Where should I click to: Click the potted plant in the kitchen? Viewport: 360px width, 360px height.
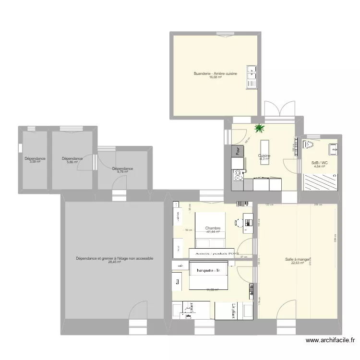click(260, 128)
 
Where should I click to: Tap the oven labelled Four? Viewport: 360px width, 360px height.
click(237, 151)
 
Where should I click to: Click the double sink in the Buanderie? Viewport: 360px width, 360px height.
click(251, 76)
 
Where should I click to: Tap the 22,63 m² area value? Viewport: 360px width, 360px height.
click(298, 263)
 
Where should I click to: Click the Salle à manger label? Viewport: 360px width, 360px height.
click(298, 259)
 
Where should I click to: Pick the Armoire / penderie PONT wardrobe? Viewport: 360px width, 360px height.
click(214, 252)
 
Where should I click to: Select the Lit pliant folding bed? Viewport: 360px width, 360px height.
click(234, 311)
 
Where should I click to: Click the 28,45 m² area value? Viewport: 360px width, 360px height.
click(114, 263)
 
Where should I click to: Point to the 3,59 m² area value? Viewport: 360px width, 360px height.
click(35, 162)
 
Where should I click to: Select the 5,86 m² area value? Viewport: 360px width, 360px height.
click(72, 162)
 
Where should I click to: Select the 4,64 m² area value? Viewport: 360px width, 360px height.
click(319, 167)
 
